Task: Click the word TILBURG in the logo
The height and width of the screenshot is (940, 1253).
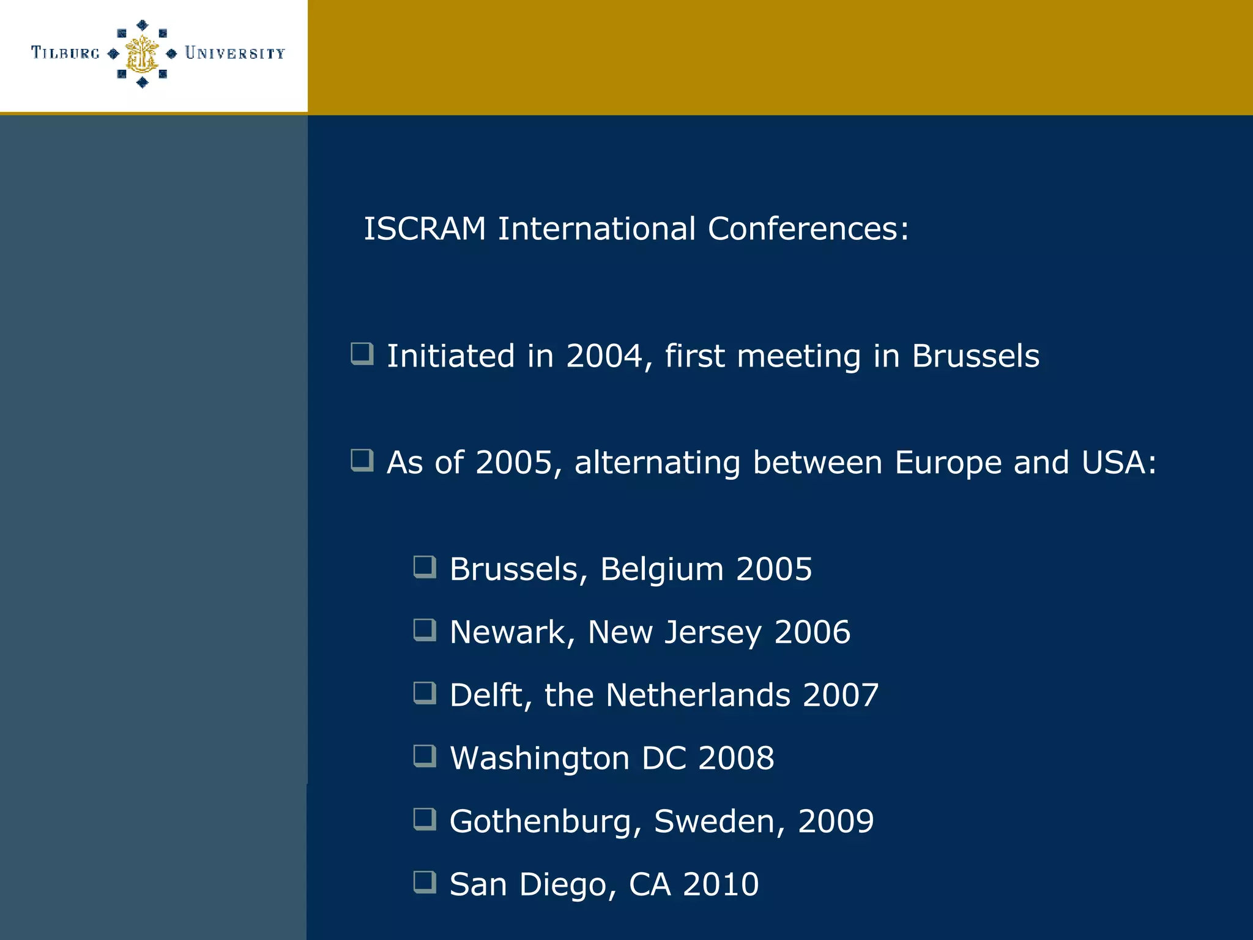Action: coord(65,53)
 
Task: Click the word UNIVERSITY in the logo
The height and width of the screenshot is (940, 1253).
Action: coord(235,53)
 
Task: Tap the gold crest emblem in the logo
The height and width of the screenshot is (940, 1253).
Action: coord(142,54)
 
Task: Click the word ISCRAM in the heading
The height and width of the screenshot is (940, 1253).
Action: coord(425,229)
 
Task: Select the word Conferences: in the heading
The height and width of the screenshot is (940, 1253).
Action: coord(808,229)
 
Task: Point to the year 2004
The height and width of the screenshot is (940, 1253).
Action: coord(604,356)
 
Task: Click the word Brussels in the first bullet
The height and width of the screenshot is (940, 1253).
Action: coord(975,356)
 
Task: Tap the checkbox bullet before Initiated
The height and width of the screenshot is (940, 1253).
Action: coord(362,354)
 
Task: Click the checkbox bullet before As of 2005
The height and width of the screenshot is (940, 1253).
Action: coord(362,460)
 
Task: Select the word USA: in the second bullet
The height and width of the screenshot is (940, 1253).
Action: coord(1119,463)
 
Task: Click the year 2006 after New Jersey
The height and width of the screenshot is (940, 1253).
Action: coord(812,632)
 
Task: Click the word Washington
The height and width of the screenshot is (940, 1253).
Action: coord(540,759)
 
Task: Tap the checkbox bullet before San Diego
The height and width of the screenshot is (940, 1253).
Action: coord(425,882)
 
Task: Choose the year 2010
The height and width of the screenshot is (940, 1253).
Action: coord(721,885)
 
